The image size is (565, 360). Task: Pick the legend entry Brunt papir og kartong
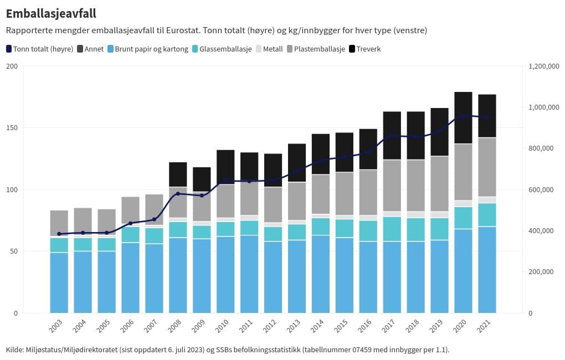pos(147,49)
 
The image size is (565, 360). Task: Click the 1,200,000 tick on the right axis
pos(544,66)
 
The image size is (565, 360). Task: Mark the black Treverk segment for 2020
pos(463,117)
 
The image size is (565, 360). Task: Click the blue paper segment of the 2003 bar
pos(59,282)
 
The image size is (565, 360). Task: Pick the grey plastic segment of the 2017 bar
pos(392,186)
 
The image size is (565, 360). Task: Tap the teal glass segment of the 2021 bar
pos(487,215)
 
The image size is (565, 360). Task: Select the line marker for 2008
pos(178,194)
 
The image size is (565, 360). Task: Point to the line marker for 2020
pos(463,115)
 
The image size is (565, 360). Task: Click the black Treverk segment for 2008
pos(178,174)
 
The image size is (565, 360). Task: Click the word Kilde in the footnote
pos(15,349)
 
